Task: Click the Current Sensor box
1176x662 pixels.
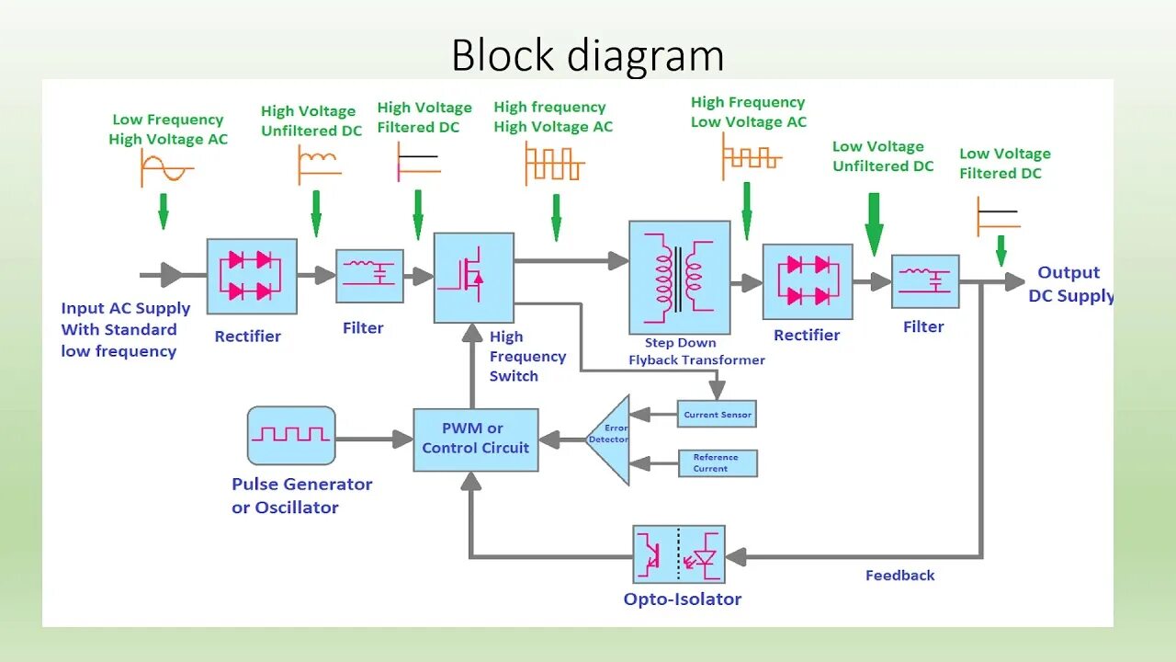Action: coord(717,415)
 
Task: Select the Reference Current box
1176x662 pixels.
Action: coord(717,463)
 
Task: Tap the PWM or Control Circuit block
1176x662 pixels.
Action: coord(475,439)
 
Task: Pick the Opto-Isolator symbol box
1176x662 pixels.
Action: coord(679,554)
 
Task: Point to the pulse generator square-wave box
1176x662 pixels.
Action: coord(290,435)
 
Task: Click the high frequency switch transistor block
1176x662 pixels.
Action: coord(473,277)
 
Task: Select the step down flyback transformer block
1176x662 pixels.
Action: coord(679,277)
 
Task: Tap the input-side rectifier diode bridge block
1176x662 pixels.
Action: coord(251,277)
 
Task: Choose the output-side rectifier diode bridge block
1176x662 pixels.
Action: coord(807,281)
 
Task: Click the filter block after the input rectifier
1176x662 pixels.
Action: coord(368,276)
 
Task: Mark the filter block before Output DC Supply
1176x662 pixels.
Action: coord(924,281)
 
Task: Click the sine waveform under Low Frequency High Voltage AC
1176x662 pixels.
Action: coord(166,168)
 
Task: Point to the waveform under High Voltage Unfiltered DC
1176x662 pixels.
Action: coord(319,164)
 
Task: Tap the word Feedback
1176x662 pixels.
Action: coord(899,576)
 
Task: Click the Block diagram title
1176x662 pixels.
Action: coord(588,56)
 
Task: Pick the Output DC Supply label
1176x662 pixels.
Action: coord(1069,284)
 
